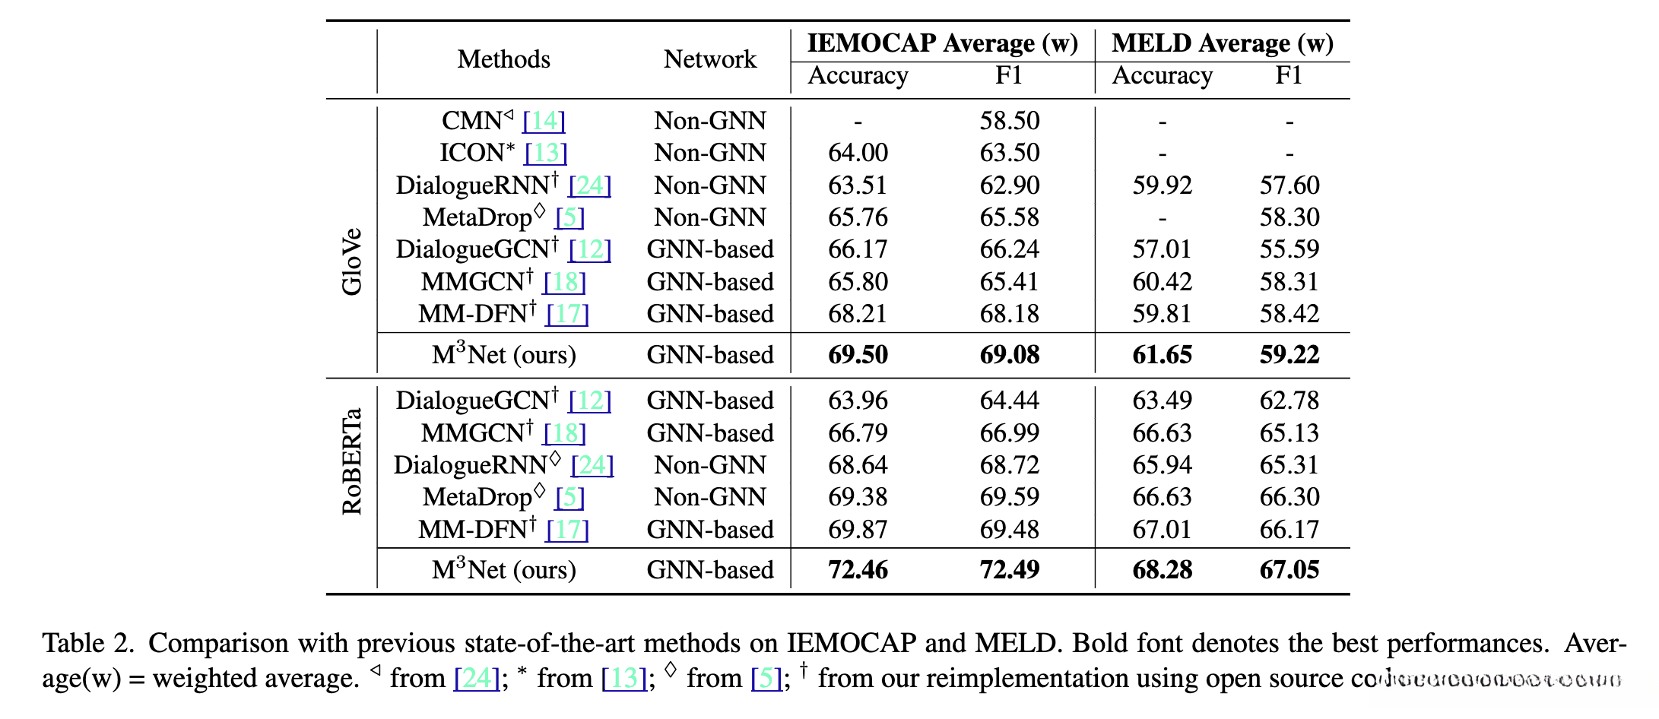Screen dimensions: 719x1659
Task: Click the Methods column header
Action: [x=503, y=59]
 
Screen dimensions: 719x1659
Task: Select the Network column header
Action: [x=709, y=59]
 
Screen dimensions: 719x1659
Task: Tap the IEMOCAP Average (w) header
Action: [x=942, y=43]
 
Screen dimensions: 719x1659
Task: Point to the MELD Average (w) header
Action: [x=1222, y=43]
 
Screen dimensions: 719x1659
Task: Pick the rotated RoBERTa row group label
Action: [x=352, y=461]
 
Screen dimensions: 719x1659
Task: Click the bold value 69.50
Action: [x=858, y=355]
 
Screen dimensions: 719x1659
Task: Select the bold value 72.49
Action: [x=1009, y=570]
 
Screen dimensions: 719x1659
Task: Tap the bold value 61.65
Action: [x=1162, y=355]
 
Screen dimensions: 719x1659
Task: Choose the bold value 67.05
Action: [x=1289, y=570]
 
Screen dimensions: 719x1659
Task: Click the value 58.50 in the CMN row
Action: [x=1009, y=121]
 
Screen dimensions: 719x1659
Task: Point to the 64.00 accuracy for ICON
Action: [x=858, y=153]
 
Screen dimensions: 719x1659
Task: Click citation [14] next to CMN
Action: [x=544, y=121]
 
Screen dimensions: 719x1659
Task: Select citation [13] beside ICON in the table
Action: [x=546, y=153]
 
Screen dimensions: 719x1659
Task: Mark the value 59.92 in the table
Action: [x=1162, y=185]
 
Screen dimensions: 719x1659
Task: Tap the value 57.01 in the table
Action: [x=1162, y=249]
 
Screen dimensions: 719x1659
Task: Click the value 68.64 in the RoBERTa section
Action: [x=858, y=465]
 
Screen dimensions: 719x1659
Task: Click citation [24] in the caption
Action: [x=477, y=678]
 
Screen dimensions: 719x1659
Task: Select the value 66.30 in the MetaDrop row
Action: [x=1289, y=497]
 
